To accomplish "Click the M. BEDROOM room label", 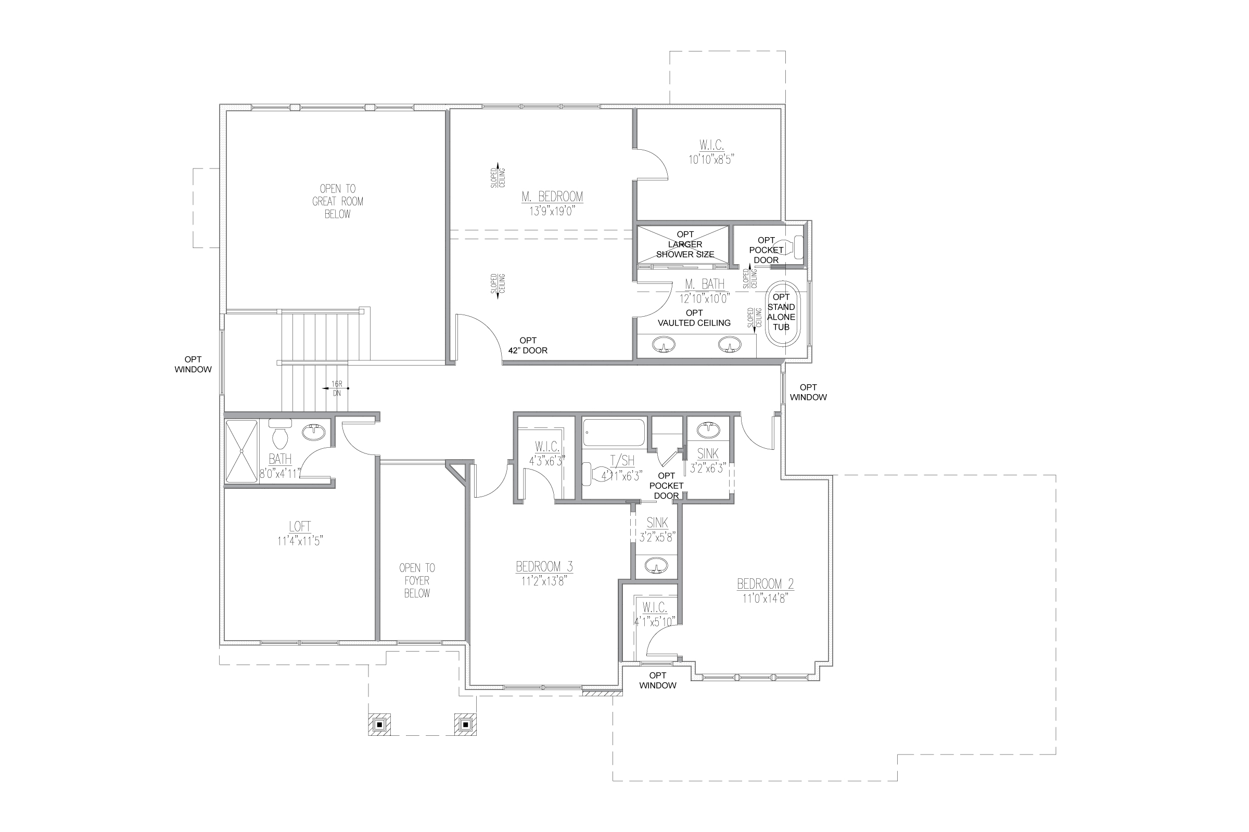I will coord(552,197).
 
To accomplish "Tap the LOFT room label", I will coord(300,526).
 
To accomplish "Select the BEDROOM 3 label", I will coord(544,567).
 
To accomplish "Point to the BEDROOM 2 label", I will coord(765,584).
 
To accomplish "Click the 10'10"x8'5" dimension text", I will coord(711,160).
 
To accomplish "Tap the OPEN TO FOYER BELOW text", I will coord(417,580).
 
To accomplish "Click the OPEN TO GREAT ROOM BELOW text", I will coord(338,201).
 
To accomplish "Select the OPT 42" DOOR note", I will coord(528,345).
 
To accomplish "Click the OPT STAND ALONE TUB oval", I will coord(781,313).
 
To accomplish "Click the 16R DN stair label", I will coord(337,388).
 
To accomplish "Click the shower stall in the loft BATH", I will coord(241,451).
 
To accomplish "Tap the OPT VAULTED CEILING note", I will coord(694,318).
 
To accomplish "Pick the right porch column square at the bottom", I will coord(465,724).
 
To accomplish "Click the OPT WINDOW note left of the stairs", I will coord(193,365).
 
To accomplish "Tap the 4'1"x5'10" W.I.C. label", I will coord(654,621).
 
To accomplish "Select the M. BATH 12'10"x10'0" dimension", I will coord(705,298).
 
